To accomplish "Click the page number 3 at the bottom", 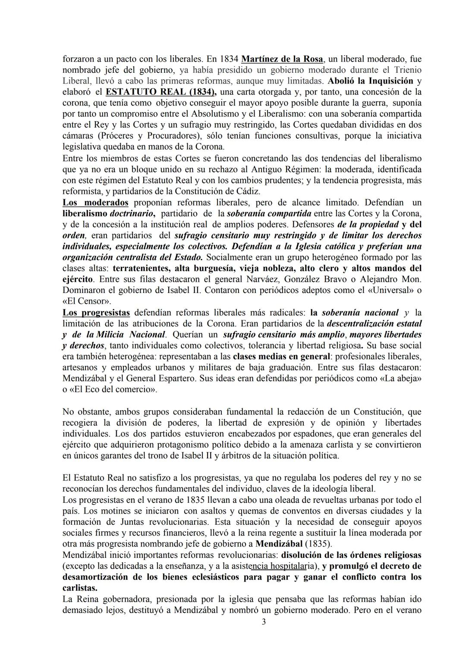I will click(264, 622).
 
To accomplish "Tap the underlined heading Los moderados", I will click(95, 202).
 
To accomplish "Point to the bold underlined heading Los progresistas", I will click(96, 312).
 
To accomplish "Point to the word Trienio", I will click(406, 70).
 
